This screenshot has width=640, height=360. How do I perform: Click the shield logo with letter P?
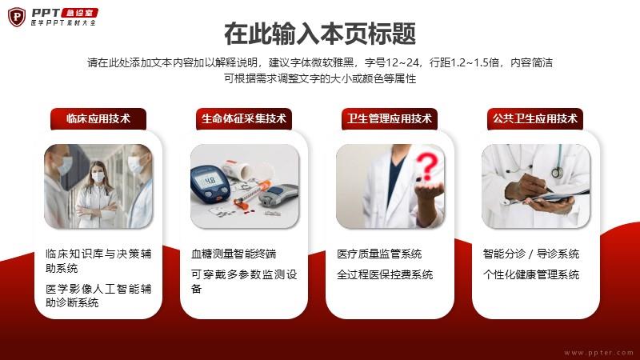(16, 17)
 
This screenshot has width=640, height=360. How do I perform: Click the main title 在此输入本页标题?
(320, 34)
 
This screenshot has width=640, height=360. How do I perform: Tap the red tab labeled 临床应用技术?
(98, 118)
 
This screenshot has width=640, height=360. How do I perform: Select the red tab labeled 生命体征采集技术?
(244, 118)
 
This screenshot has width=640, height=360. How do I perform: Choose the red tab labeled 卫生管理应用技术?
(390, 118)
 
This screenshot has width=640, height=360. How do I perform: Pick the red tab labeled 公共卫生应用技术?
(535, 118)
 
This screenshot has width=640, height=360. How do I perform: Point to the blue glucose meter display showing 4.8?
(210, 180)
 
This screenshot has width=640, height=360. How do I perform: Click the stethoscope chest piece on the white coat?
(557, 173)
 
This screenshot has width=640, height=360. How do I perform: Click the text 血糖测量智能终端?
(234, 254)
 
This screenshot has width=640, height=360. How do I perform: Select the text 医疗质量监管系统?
(379, 254)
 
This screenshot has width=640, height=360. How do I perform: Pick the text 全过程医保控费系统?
(385, 274)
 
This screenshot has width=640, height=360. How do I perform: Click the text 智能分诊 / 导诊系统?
(531, 254)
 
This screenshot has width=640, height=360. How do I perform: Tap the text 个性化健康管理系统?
(531, 274)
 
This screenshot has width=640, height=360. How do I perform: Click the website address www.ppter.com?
(598, 353)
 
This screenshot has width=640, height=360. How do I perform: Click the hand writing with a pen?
(526, 187)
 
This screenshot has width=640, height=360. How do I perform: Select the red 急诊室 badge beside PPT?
(79, 13)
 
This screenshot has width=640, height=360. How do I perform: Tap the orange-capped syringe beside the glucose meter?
(252, 193)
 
